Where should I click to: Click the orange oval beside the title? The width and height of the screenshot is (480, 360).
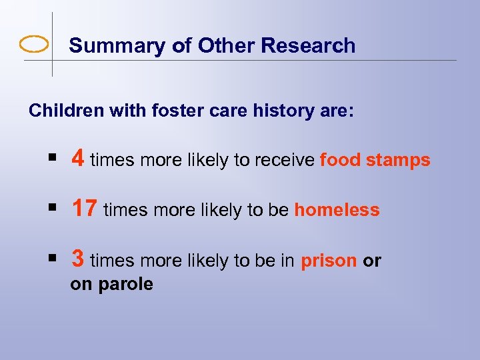[34, 45]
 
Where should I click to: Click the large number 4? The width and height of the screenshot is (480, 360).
[78, 159]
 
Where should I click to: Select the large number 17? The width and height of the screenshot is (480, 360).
[85, 209]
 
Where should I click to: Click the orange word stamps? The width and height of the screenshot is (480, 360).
[398, 161]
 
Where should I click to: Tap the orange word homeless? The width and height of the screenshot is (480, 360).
[337, 210]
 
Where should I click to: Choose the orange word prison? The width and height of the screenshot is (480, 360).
[329, 261]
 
